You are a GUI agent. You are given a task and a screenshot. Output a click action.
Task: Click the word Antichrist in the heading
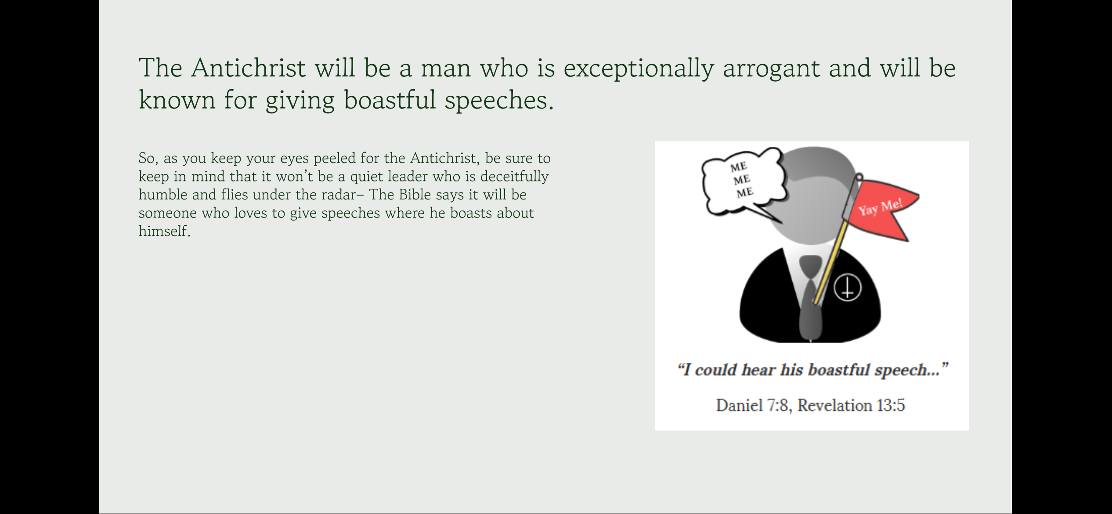tap(248, 68)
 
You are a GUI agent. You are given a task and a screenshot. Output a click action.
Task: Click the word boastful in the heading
tap(389, 100)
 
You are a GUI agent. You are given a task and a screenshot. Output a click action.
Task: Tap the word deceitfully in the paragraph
tap(514, 177)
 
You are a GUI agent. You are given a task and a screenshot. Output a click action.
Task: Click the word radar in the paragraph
tap(338, 195)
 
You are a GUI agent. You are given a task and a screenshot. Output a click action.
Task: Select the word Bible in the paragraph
tap(415, 195)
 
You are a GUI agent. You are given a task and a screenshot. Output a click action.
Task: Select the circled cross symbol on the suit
tap(848, 288)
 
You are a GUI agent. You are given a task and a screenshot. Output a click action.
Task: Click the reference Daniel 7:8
tap(754, 405)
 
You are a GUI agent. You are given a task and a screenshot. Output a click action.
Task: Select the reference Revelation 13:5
tap(851, 405)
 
